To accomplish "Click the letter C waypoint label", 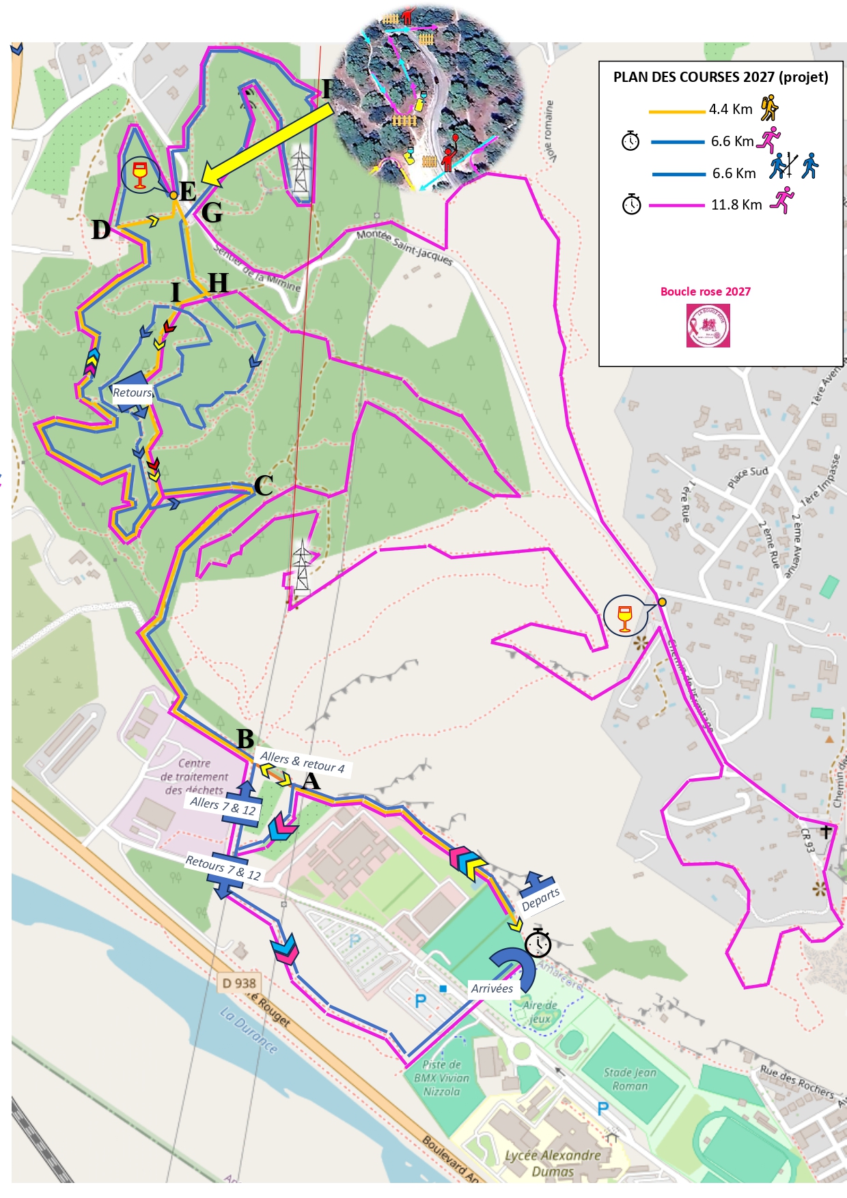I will tap(264, 485).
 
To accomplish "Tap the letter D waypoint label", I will tap(101, 230).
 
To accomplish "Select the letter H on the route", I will tap(218, 282).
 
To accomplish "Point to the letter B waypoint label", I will tap(245, 739).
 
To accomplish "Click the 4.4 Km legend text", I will tap(730, 109).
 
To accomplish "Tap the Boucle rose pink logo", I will tap(708, 326).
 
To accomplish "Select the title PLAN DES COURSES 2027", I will tap(720, 77).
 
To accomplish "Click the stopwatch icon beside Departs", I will tap(538, 943).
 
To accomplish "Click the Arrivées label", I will tap(492, 988).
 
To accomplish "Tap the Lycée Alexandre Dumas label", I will tap(553, 1163).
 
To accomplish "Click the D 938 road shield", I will tap(239, 983).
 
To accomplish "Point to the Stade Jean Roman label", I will tap(630, 1079).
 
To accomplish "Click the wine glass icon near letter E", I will tap(140, 175).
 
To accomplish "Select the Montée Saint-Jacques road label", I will tap(404, 247).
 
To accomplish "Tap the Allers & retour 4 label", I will tap(302, 762).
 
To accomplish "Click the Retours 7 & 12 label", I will tap(223, 868).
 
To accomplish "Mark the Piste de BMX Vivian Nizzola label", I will tap(441, 1078).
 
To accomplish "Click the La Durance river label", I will tap(249, 1030).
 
